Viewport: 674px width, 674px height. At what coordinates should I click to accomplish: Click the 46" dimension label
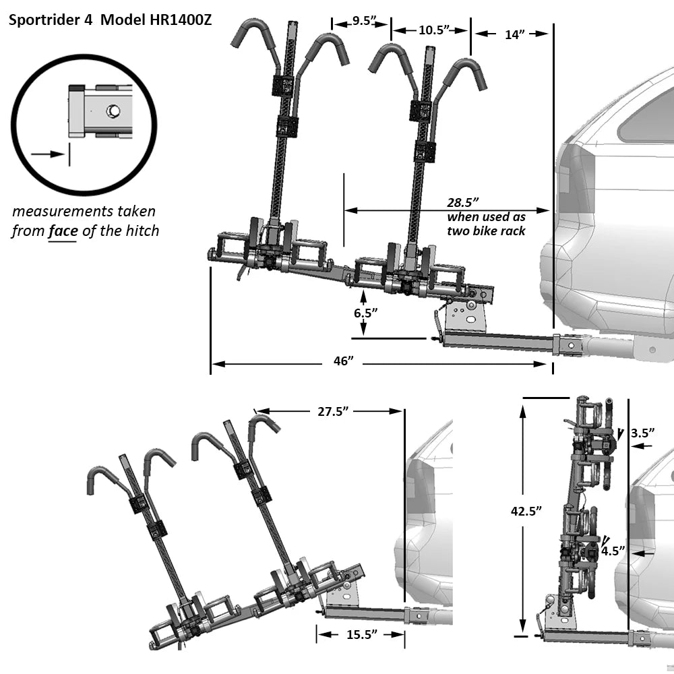click(343, 361)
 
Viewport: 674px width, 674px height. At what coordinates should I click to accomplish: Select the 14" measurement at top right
click(515, 34)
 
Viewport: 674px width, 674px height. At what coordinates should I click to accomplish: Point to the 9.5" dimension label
click(362, 21)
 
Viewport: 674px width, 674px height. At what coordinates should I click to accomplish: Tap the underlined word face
click(63, 231)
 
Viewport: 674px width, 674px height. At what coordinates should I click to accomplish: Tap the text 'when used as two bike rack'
click(486, 224)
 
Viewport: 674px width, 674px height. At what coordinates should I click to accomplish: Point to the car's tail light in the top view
click(574, 185)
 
